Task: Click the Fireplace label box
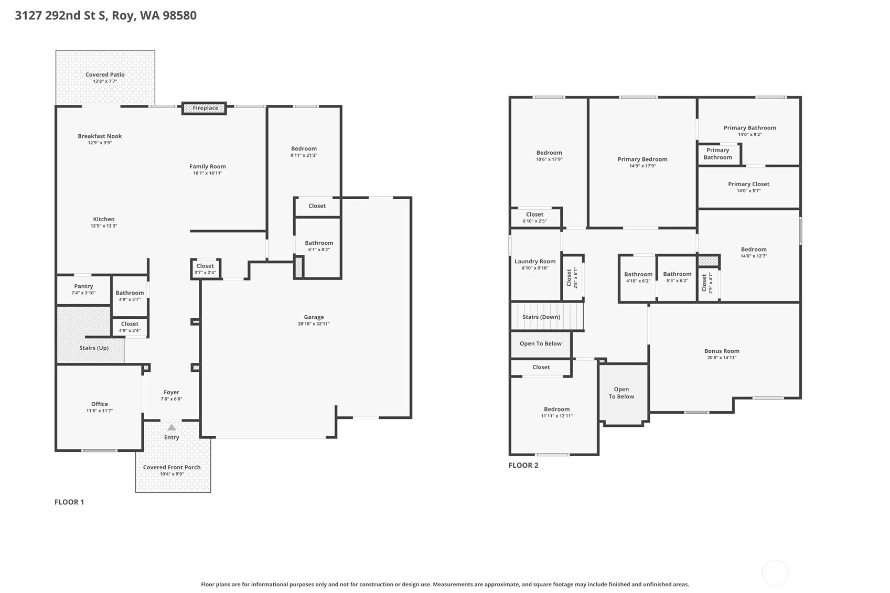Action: click(204, 108)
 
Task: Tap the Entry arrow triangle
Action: click(171, 427)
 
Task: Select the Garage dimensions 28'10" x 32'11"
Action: click(314, 324)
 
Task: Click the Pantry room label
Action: click(83, 286)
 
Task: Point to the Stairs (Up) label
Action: click(94, 348)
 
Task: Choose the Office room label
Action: click(99, 404)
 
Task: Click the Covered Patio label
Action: click(105, 74)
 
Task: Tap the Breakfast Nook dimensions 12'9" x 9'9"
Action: click(100, 143)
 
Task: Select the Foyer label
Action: click(171, 392)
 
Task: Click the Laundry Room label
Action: click(535, 261)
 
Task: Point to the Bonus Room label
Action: click(722, 351)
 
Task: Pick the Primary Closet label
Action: click(748, 184)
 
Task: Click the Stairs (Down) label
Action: click(541, 317)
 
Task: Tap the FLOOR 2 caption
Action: click(523, 465)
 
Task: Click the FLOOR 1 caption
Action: click(69, 502)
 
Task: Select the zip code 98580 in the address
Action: click(179, 16)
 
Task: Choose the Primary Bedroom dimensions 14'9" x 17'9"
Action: click(642, 166)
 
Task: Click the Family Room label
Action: click(207, 166)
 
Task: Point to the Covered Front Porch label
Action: click(171, 468)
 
